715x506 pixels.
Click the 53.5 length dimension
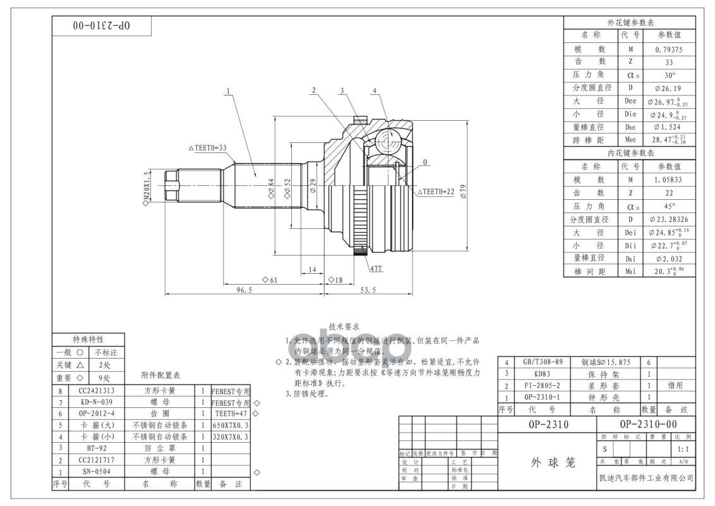coord(367,290)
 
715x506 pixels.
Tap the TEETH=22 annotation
coord(436,191)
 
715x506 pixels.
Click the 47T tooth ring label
coord(376,268)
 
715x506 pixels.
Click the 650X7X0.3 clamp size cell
coord(231,426)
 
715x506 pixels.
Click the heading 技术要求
coord(344,326)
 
